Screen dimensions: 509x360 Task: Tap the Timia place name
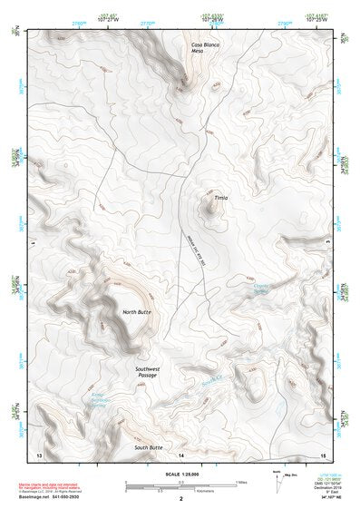tap(222, 195)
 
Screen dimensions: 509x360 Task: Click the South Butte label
tap(148, 447)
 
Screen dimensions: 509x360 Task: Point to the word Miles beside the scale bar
tap(241, 481)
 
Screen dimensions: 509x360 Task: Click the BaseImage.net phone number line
tap(55, 498)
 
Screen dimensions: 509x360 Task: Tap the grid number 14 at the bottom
tap(181, 454)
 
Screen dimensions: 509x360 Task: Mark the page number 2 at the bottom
tap(181, 498)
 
